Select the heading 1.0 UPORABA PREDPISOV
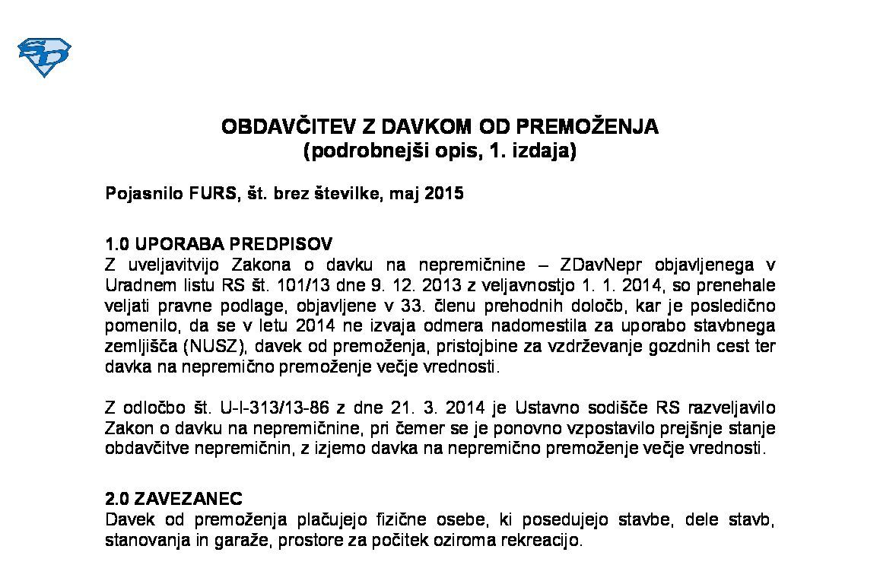click(218, 244)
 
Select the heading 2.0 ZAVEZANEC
click(173, 499)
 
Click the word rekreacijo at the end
click(542, 541)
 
